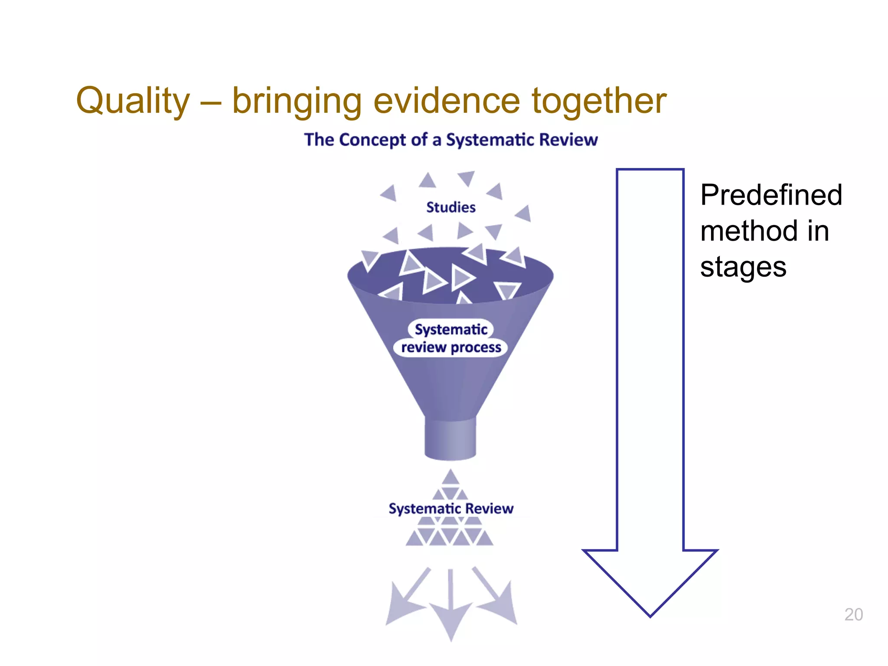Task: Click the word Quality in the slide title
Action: tap(133, 101)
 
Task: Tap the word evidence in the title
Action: tap(446, 101)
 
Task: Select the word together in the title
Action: tap(599, 101)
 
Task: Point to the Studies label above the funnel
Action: tap(451, 207)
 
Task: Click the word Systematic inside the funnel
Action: tap(451, 330)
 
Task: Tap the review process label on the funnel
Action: tap(451, 348)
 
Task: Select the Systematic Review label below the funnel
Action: tap(451, 508)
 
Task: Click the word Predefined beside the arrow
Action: tap(771, 195)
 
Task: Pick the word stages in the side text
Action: tap(743, 266)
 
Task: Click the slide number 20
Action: tap(853, 614)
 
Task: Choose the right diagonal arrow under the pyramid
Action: tap(496, 598)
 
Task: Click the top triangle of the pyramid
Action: tap(451, 478)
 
